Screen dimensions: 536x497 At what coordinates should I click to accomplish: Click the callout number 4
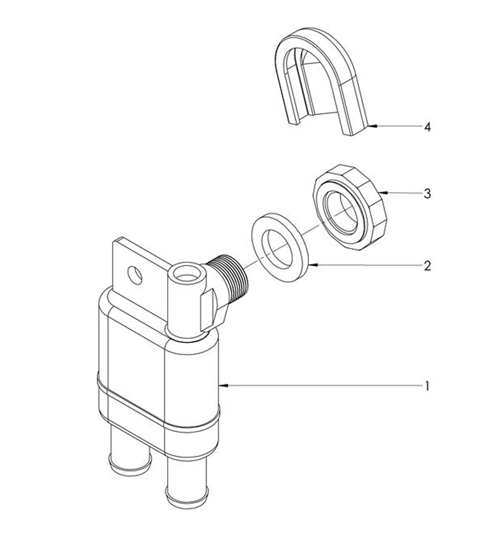coord(427,127)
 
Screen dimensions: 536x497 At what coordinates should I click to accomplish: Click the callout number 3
coord(427,194)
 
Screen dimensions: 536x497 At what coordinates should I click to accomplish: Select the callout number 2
coord(427,266)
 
